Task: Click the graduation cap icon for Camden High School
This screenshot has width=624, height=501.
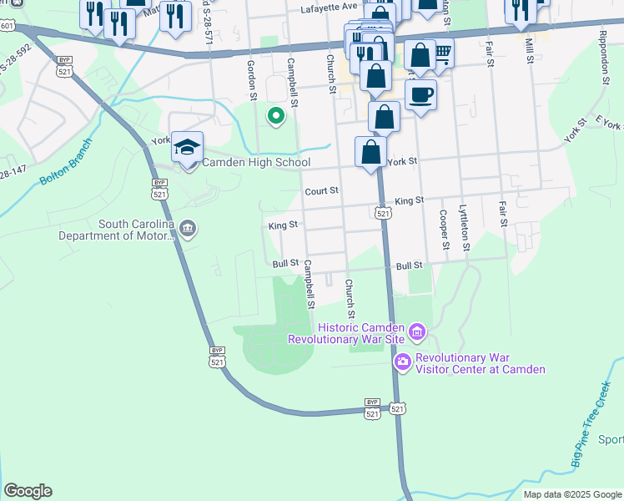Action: click(188, 147)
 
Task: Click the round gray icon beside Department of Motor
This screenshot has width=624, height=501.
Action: click(188, 229)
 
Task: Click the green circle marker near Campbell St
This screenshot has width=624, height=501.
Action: click(273, 116)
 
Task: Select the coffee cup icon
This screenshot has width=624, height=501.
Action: click(421, 94)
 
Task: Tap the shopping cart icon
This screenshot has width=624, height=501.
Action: click(442, 53)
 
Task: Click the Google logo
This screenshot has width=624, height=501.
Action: click(28, 491)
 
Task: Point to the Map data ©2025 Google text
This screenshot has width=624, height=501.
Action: click(571, 494)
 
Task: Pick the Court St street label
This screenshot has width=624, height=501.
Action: click(321, 190)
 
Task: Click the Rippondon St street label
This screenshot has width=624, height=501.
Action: click(602, 61)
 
